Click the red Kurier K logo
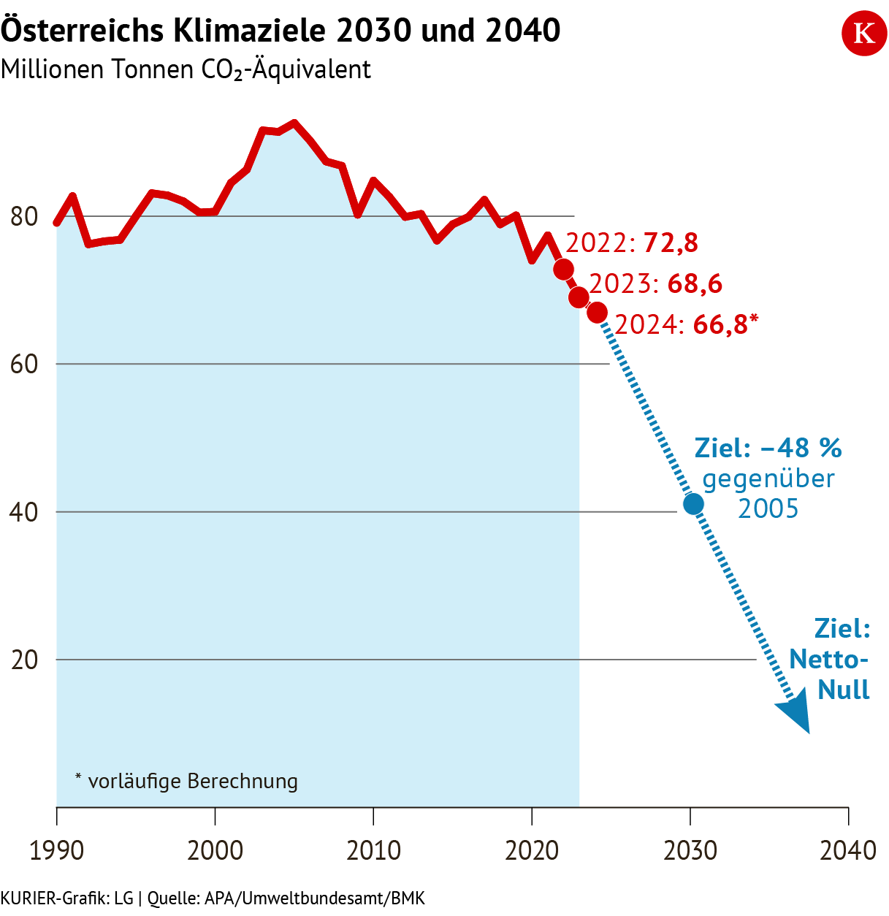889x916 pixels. pyautogui.click(x=864, y=34)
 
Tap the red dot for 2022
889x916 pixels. pyautogui.click(x=563, y=270)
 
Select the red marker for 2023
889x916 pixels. pyautogui.click(x=579, y=297)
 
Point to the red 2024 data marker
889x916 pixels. pyautogui.click(x=597, y=313)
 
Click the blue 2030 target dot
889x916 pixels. pyautogui.click(x=693, y=503)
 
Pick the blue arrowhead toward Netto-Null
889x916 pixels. pyautogui.click(x=795, y=714)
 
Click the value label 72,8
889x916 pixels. pyautogui.click(x=671, y=243)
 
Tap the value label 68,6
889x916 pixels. pyautogui.click(x=695, y=283)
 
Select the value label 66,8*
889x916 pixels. pyautogui.click(x=725, y=324)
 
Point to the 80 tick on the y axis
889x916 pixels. pyautogui.click(x=25, y=217)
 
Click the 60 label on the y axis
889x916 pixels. pyautogui.click(x=25, y=365)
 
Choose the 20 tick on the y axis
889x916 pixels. pyautogui.click(x=25, y=660)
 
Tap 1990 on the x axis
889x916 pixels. pyautogui.click(x=57, y=850)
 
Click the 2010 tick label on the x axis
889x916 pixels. pyautogui.click(x=373, y=850)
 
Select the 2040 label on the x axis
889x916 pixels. pyautogui.click(x=848, y=850)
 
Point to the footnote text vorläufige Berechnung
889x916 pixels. pyautogui.click(x=193, y=782)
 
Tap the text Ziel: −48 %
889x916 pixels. pyautogui.click(x=768, y=448)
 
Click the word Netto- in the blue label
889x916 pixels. pyautogui.click(x=828, y=660)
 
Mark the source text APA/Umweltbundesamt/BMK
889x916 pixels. pyautogui.click(x=315, y=898)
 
